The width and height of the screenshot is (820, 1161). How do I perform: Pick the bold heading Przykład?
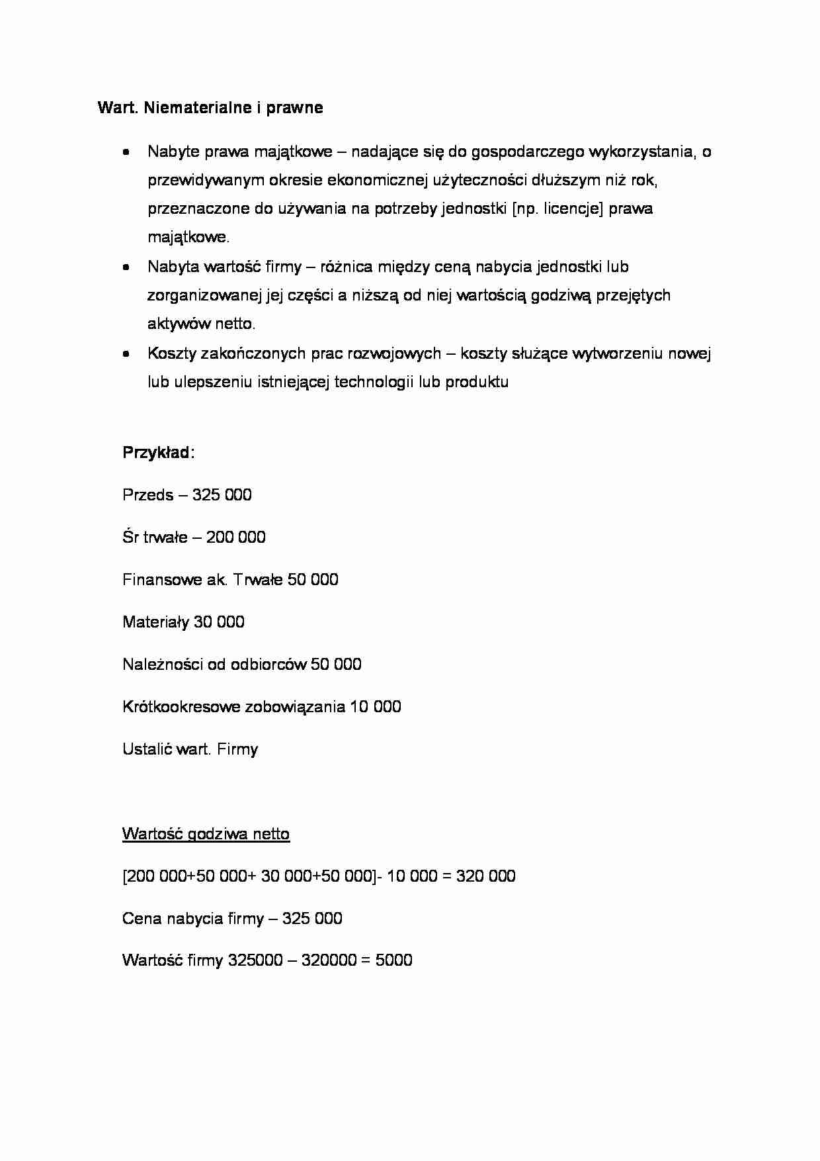click(x=158, y=453)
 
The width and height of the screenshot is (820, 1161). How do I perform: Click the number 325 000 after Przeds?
click(x=222, y=495)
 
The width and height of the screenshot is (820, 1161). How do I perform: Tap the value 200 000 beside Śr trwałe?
click(x=235, y=537)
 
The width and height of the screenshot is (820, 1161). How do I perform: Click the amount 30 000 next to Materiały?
click(x=219, y=622)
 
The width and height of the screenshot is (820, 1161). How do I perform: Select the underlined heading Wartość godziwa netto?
click(x=206, y=834)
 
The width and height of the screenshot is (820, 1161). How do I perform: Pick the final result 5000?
click(x=393, y=960)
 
